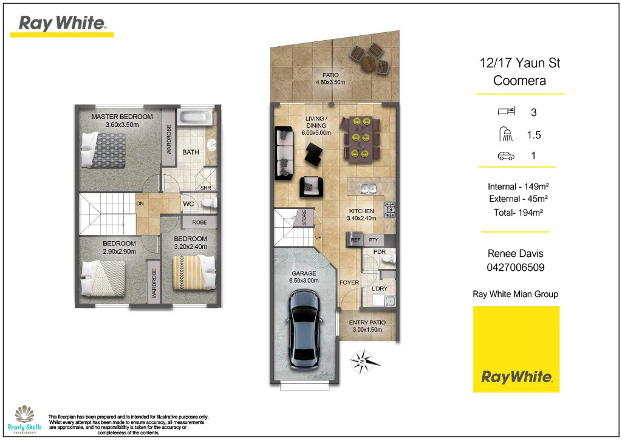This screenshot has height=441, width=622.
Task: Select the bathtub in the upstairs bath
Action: pyautogui.click(x=196, y=118)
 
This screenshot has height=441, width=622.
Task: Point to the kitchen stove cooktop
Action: pyautogui.click(x=390, y=210)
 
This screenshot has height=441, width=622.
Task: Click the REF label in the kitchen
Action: pyautogui.click(x=356, y=240)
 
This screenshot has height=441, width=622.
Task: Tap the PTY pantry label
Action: pyautogui.click(x=374, y=240)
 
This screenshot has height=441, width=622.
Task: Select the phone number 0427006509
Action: pyautogui.click(x=516, y=267)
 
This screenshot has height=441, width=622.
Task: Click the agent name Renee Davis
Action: pyautogui.click(x=516, y=254)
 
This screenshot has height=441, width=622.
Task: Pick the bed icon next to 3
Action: pyautogui.click(x=505, y=112)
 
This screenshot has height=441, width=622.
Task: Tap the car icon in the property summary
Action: pyautogui.click(x=505, y=156)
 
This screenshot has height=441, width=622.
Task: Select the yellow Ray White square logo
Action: pyautogui.click(x=516, y=349)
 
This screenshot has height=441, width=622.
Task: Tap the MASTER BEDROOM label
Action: pyautogui.click(x=122, y=117)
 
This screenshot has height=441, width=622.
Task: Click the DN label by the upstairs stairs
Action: pyautogui.click(x=140, y=203)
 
